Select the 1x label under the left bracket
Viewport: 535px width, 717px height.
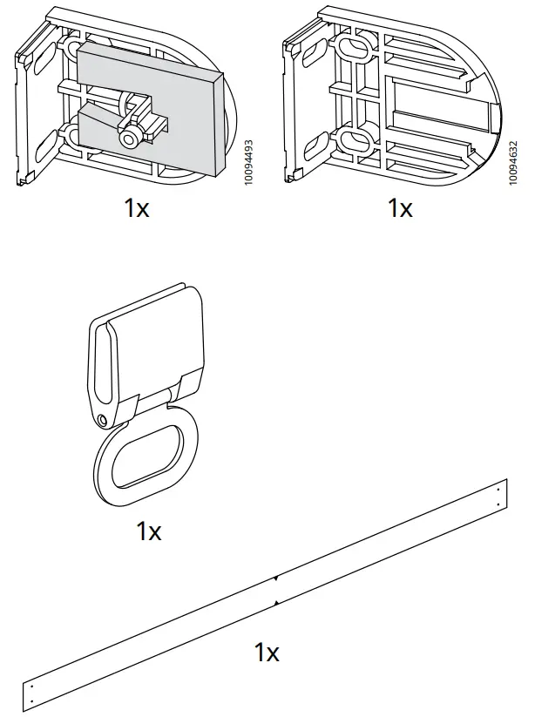pyautogui.click(x=136, y=208)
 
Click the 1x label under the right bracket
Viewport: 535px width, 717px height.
pyautogui.click(x=400, y=208)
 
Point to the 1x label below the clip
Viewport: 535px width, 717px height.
pyautogui.click(x=149, y=531)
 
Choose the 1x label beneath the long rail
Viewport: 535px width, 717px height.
pyautogui.click(x=267, y=652)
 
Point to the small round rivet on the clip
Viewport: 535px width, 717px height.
pyautogui.click(x=105, y=422)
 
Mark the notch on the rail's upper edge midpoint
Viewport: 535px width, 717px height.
pyautogui.click(x=275, y=578)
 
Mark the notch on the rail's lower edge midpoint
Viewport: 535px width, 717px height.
pyautogui.click(x=275, y=603)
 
